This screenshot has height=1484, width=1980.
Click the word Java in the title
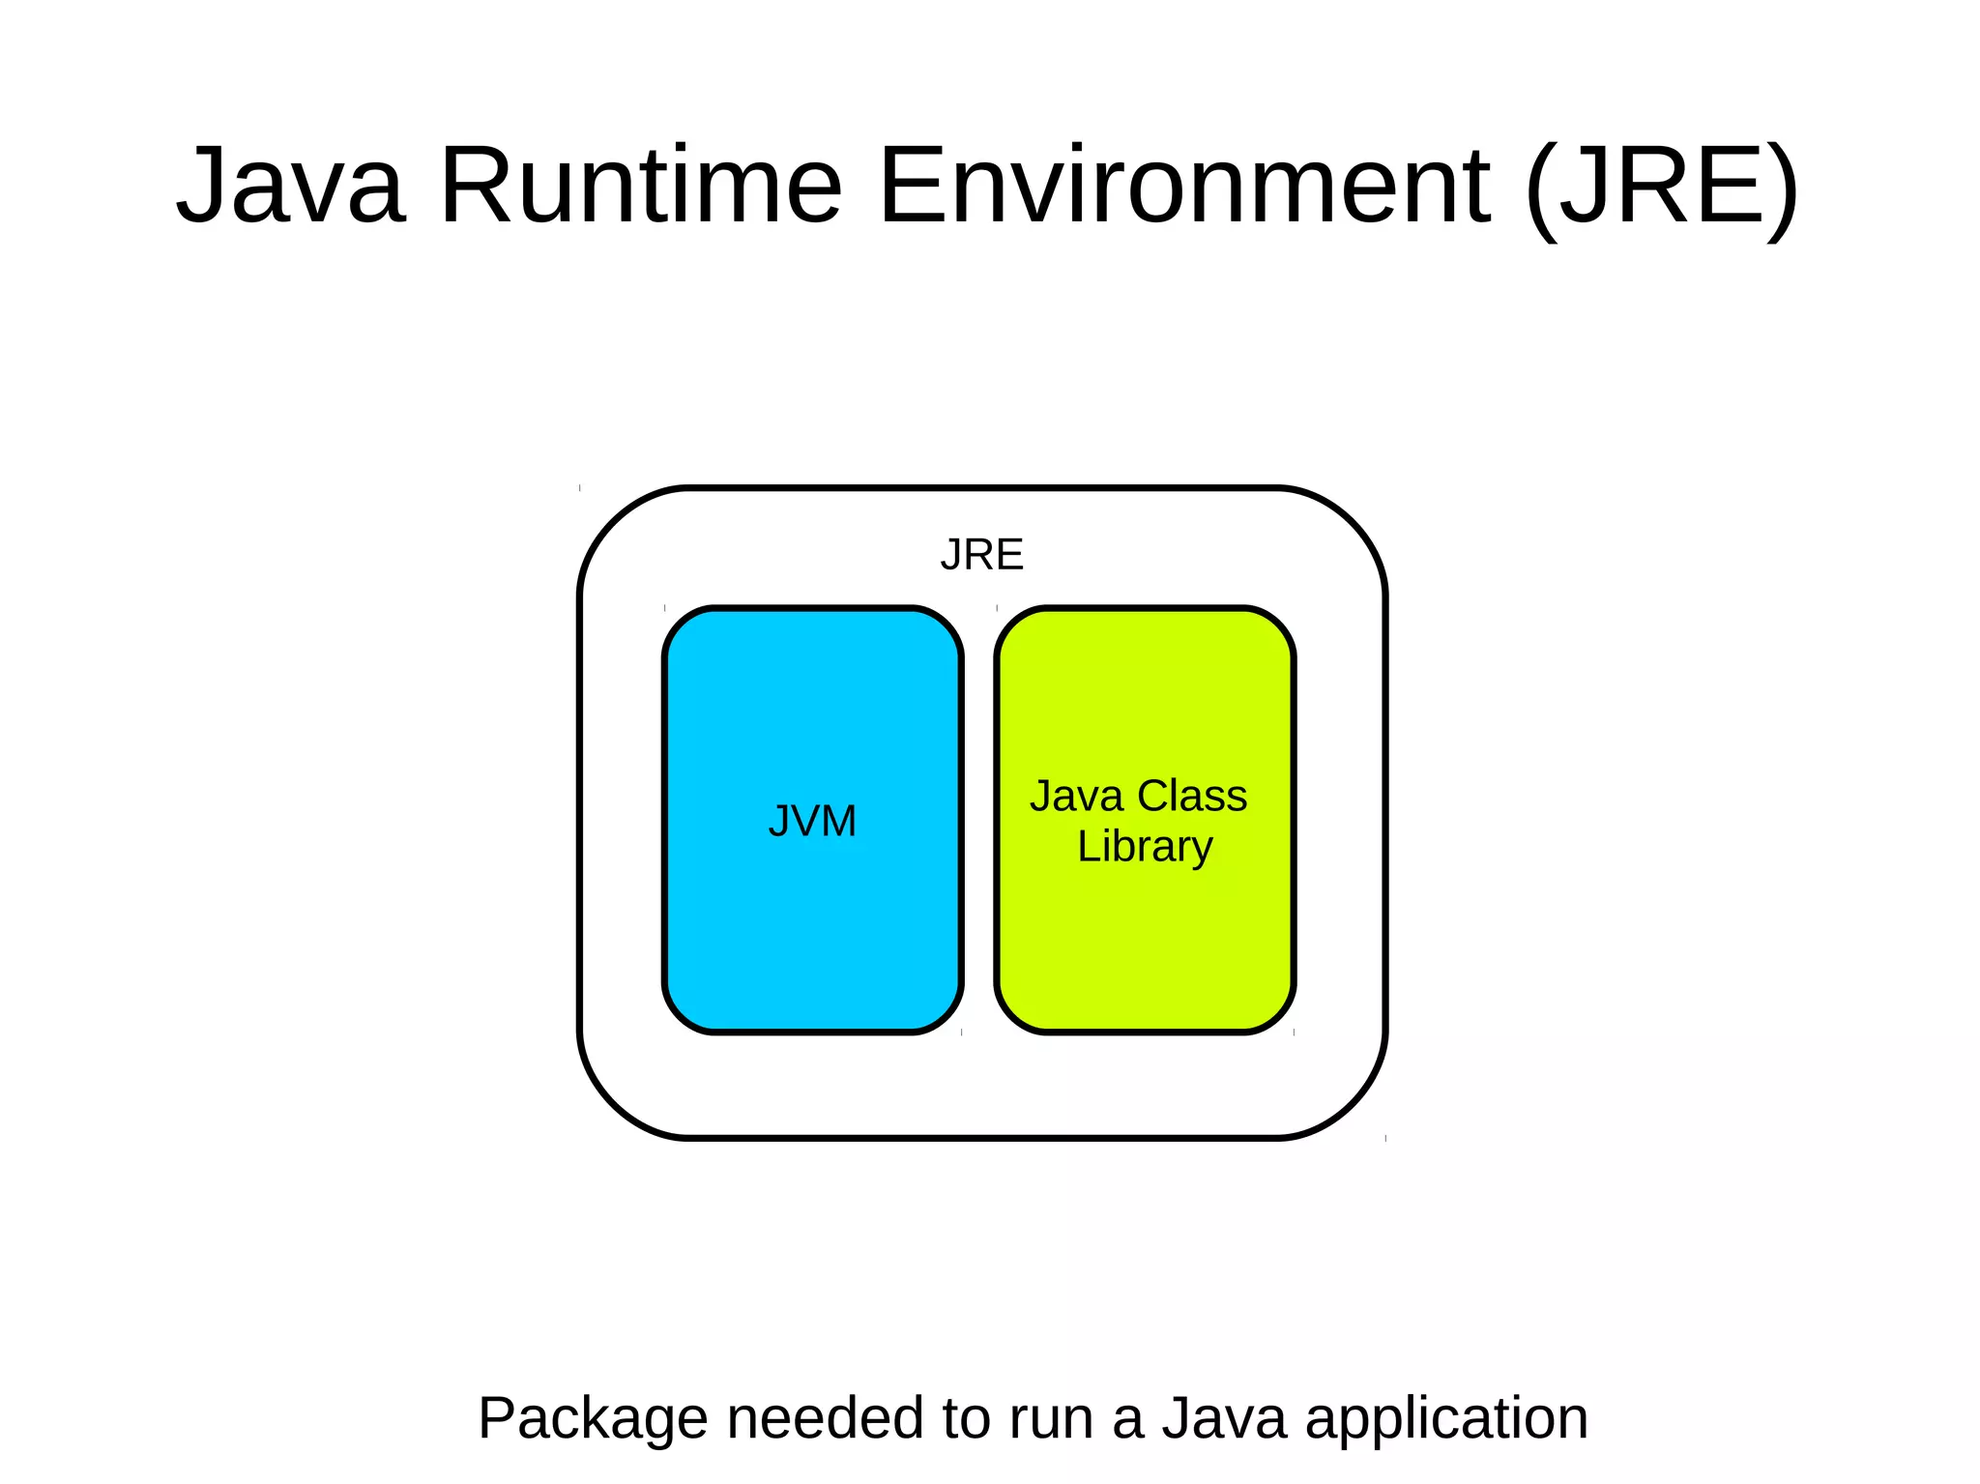(x=290, y=185)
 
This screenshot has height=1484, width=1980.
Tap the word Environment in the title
(x=1185, y=185)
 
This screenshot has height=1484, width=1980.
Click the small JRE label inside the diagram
(x=981, y=555)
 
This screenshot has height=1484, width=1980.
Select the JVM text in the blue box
(x=812, y=821)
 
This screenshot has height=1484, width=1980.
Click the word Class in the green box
(x=1193, y=797)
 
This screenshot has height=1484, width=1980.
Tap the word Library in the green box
(x=1145, y=847)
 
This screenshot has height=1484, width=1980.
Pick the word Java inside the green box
(x=1076, y=797)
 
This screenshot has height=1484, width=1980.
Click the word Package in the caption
(x=593, y=1419)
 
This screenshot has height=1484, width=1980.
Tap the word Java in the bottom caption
(x=1224, y=1419)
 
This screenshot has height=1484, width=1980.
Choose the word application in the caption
(x=1446, y=1419)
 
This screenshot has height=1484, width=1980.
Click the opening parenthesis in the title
(x=1542, y=189)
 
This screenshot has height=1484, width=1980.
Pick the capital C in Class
(x=1154, y=797)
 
